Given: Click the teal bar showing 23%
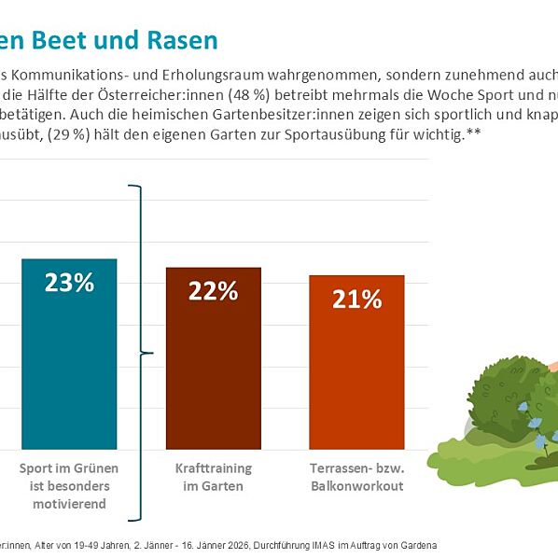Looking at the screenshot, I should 69,364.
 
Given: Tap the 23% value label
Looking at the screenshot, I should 69,283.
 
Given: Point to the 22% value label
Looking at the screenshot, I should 213,291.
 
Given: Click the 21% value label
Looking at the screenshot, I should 356,300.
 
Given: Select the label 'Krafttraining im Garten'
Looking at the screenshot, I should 213,477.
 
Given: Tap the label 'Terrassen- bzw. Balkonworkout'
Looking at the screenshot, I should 356,477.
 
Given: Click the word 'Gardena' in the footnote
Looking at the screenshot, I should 415,545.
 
